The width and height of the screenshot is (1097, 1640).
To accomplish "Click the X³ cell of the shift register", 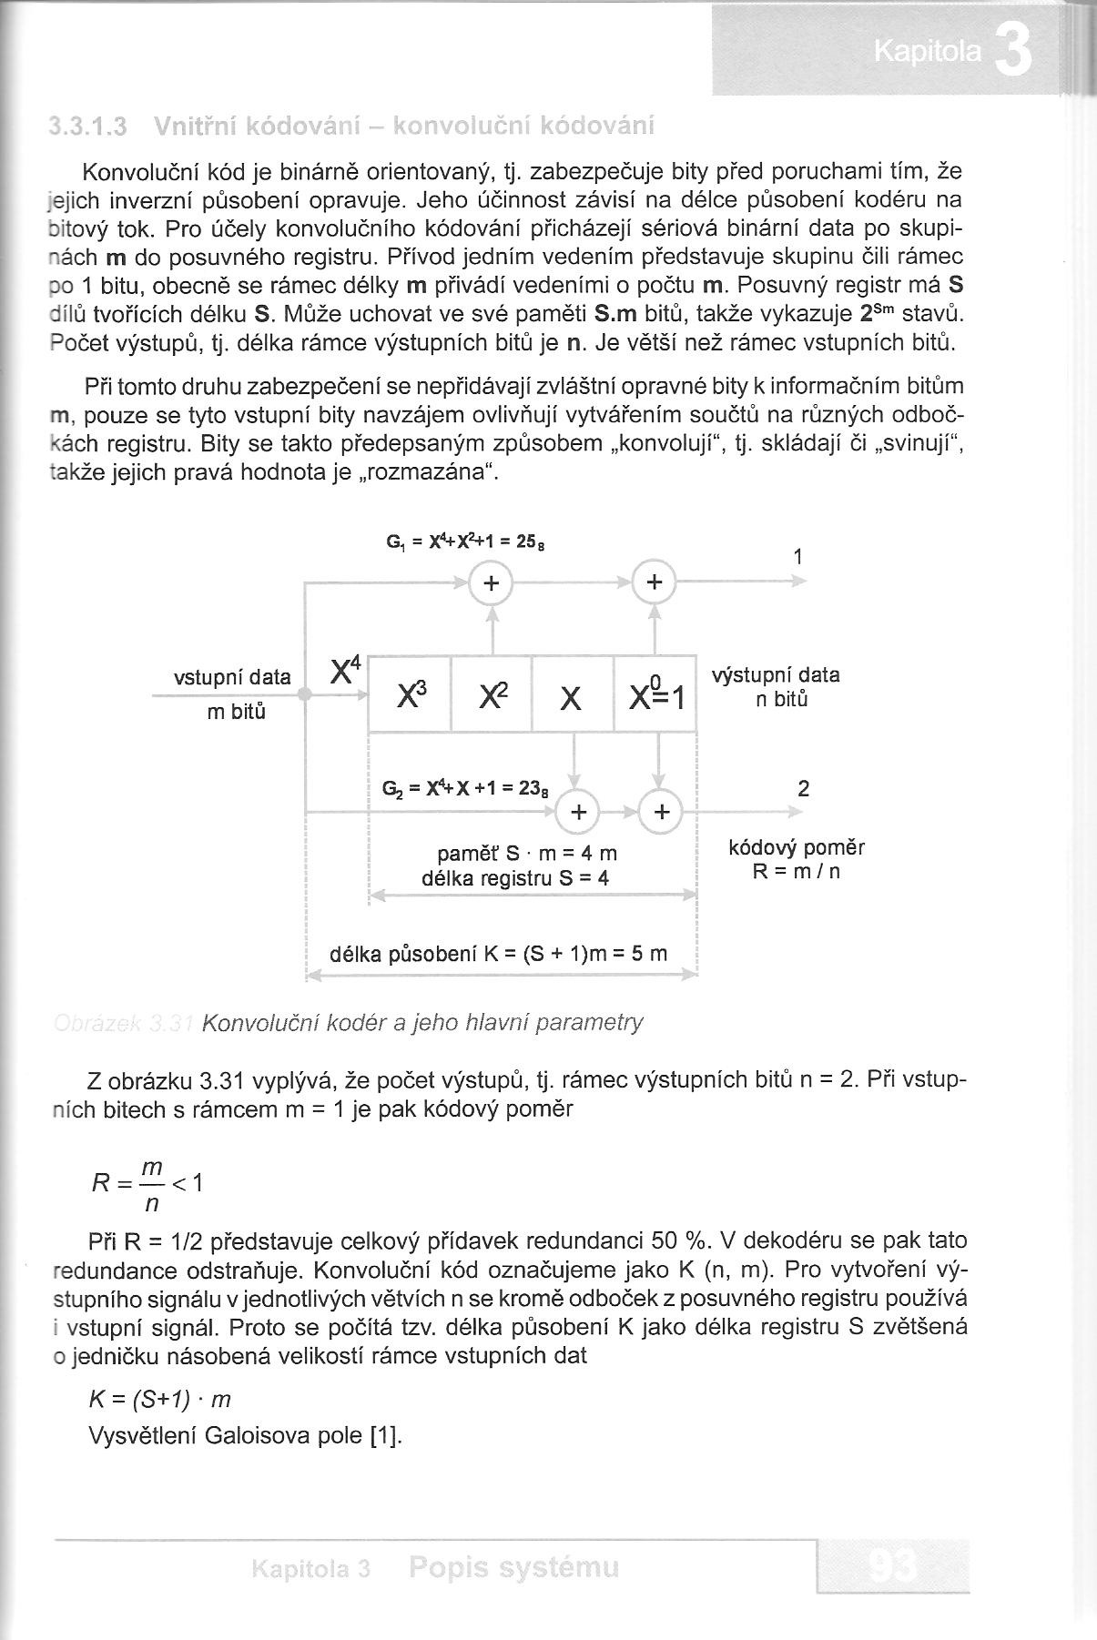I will [409, 694].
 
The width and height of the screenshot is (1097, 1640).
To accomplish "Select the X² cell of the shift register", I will [492, 694].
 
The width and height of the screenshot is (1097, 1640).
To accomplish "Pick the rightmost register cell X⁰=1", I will [655, 694].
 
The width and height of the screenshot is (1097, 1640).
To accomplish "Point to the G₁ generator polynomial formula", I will [464, 542].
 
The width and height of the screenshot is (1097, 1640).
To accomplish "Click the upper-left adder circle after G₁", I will [492, 583].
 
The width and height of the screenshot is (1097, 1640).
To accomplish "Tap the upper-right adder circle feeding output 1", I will [655, 583].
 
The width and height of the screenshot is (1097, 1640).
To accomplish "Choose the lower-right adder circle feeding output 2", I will [662, 811].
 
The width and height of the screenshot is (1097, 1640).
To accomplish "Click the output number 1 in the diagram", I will [798, 556].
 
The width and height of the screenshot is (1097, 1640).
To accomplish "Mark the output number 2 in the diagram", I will [803, 788].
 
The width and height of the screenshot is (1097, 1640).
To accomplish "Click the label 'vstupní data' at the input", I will [232, 677].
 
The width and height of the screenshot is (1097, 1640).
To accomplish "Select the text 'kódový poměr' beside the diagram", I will [797, 848].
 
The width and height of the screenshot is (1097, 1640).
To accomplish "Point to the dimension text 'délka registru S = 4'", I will [515, 877].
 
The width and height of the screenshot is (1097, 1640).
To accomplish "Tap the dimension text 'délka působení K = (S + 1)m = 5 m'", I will [498, 954].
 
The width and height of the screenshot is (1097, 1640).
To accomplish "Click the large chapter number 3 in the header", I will [1012, 54].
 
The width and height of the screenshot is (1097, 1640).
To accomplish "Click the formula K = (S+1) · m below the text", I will [159, 1399].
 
